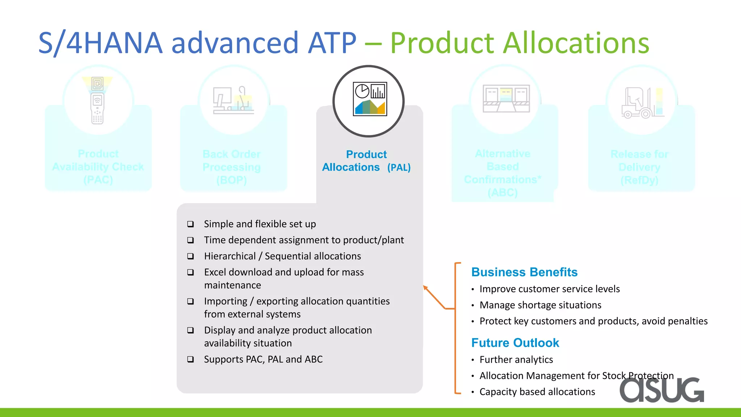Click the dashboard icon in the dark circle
[x=370, y=99]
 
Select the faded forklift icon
[x=642, y=103]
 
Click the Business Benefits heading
[x=524, y=272]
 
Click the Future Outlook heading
[x=515, y=343]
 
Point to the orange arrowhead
[x=425, y=288]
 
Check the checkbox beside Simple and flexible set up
[x=190, y=224]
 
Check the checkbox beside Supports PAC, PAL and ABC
[x=190, y=359]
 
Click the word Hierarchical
[x=230, y=256]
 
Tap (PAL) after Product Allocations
[x=399, y=168]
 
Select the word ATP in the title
[x=332, y=43]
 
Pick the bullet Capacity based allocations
[x=537, y=392]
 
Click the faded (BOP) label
[x=232, y=180]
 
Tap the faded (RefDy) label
[x=639, y=180]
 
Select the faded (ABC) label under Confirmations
[x=503, y=193]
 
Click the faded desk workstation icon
[x=233, y=101]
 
